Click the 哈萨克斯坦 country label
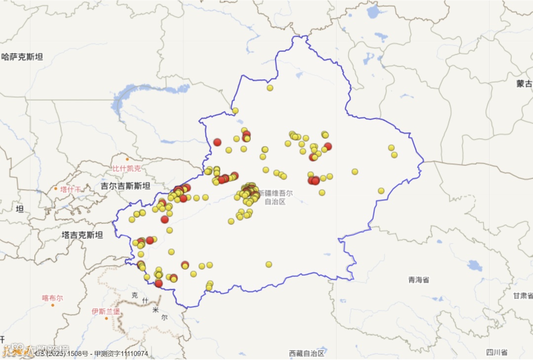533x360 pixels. point(22,57)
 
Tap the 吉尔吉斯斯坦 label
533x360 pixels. point(125,186)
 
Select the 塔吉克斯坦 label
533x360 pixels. point(82,235)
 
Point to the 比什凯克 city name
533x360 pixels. point(126,168)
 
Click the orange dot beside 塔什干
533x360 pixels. point(56,189)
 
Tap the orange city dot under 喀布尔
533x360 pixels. point(53,305)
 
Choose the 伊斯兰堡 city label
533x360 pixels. point(106,312)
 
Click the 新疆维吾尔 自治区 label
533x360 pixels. point(275,197)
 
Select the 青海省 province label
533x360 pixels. point(419,280)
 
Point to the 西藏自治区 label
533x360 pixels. point(307,353)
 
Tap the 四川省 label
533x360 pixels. point(496,352)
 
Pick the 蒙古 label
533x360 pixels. point(524,83)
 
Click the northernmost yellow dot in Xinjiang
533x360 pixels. point(270,88)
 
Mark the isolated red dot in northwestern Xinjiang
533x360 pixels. point(217,142)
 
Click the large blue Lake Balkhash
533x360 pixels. point(148,91)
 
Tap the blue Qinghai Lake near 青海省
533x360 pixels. point(475,266)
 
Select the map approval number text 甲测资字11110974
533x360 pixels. point(121,354)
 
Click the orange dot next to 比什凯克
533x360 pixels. point(127,159)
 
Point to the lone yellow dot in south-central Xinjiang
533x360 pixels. point(269,264)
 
